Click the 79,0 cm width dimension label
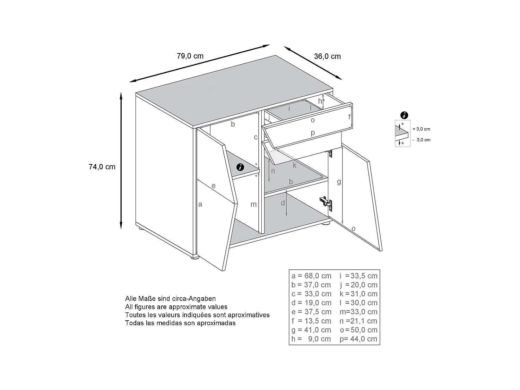190,56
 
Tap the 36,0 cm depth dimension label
327,56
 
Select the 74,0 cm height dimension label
102,167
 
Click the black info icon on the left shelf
240,167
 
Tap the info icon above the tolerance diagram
404,115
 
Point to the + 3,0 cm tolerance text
421,129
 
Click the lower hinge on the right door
326,202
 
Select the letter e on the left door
214,186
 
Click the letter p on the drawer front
313,132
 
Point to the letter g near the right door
339,182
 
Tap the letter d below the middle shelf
283,203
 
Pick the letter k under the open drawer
295,165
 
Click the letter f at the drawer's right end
349,117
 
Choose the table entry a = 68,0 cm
311,276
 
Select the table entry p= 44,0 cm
358,339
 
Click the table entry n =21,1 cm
358,321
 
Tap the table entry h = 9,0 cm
311,339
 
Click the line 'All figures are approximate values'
176,307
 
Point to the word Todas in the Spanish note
134,323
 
